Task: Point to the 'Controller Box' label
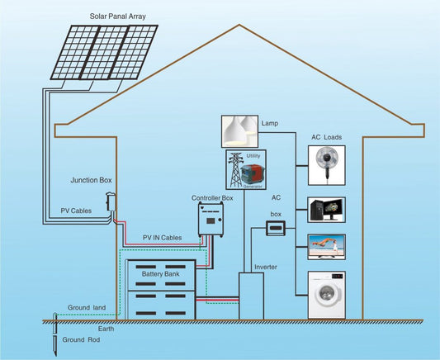(x=212, y=198)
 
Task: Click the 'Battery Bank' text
(x=161, y=273)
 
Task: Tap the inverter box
(x=251, y=296)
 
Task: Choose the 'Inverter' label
(x=264, y=267)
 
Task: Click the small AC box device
(x=275, y=228)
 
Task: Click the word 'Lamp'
(x=269, y=124)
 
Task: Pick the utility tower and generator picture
(x=245, y=169)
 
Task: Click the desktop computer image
(x=325, y=211)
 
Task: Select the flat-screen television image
(x=326, y=246)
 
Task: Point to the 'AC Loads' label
(x=326, y=137)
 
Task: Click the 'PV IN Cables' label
(x=163, y=238)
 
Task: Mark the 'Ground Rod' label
(x=80, y=340)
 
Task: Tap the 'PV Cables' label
(x=77, y=211)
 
